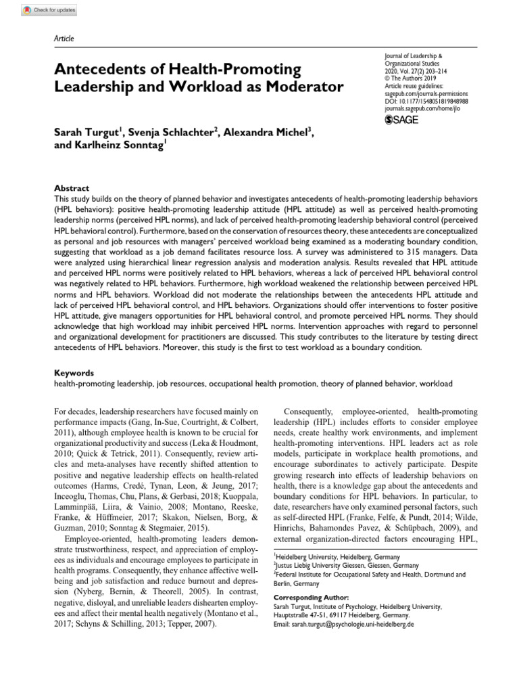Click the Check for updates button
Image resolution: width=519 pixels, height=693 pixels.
click(x=49, y=11)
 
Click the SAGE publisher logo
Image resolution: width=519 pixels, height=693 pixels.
click(x=401, y=120)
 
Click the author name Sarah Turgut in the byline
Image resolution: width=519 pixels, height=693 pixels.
click(x=87, y=131)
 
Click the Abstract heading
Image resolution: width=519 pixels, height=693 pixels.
click(x=71, y=188)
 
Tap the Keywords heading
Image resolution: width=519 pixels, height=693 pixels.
click(x=74, y=373)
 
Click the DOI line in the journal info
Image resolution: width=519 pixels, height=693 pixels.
click(x=426, y=100)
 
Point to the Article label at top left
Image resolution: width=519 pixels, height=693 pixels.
click(x=64, y=39)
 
